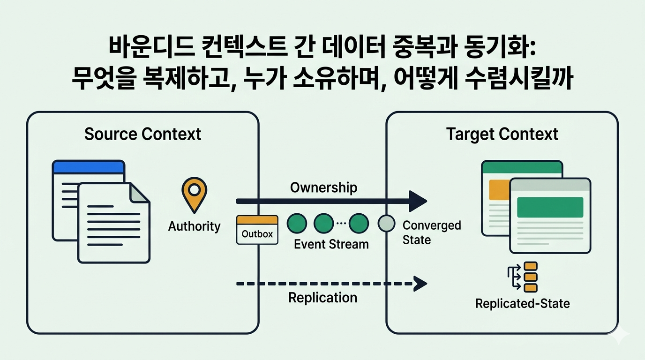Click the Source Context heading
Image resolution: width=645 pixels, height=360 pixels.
(142, 134)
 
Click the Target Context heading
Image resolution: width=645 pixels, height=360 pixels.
(502, 134)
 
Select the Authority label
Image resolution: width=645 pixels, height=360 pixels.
(194, 226)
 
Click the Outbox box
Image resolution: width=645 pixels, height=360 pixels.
(257, 230)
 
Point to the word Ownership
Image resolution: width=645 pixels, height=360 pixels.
(323, 187)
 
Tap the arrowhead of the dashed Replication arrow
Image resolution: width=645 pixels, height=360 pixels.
(420, 283)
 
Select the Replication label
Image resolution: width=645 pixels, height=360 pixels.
(322, 298)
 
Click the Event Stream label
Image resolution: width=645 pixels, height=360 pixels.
(331, 244)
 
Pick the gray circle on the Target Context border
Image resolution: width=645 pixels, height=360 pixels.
(387, 224)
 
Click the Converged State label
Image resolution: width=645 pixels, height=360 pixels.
(431, 232)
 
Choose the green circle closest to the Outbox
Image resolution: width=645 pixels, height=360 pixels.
(296, 224)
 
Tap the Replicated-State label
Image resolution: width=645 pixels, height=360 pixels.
(522, 303)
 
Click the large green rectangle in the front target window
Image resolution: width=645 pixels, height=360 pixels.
(549, 207)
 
